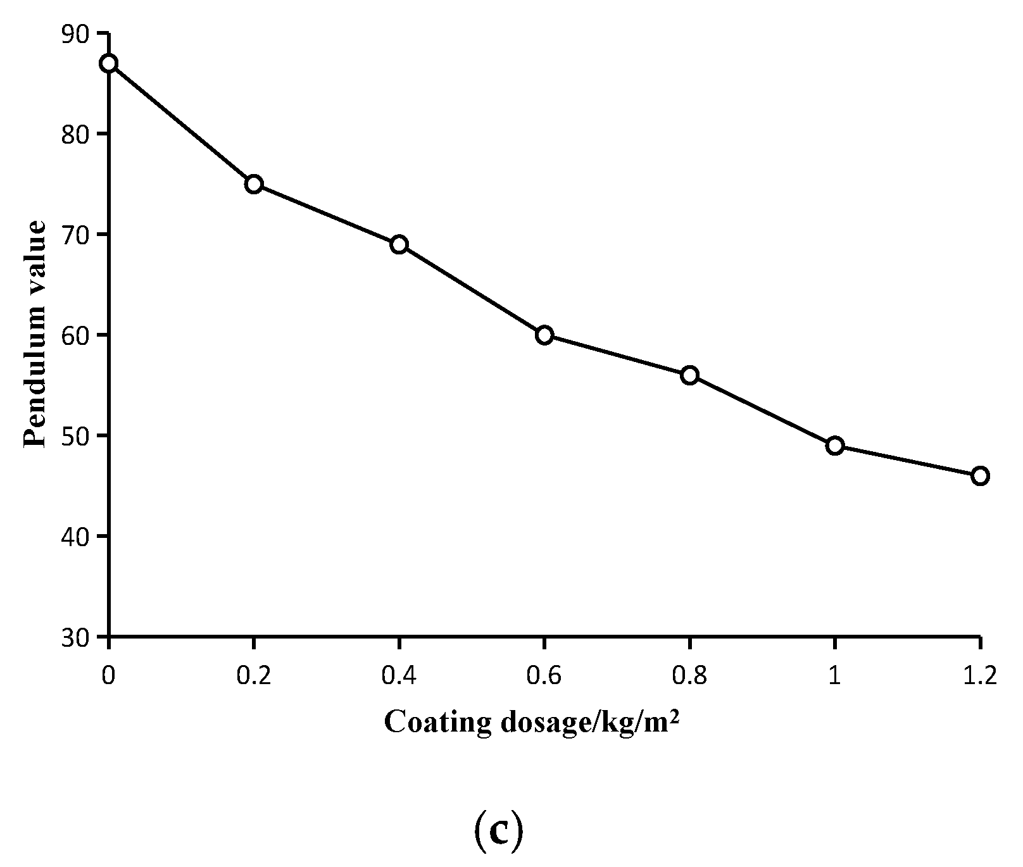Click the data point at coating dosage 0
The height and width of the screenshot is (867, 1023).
[x=109, y=63]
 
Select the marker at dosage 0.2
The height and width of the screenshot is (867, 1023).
[x=254, y=184]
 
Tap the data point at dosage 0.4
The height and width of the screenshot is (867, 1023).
[x=399, y=244]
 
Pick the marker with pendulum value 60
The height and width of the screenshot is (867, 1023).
[x=544, y=335]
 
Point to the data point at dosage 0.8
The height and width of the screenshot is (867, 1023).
[x=689, y=375]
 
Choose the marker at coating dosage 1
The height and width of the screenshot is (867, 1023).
[x=835, y=446]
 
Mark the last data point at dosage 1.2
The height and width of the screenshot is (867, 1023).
[x=980, y=476]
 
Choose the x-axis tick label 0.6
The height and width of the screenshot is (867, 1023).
[x=544, y=677]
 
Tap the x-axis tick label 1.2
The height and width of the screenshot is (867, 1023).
[x=980, y=677]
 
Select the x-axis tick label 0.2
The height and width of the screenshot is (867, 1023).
[x=254, y=677]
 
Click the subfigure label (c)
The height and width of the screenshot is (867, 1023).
[x=498, y=834]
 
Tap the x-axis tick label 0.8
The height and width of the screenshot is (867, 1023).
[x=689, y=677]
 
